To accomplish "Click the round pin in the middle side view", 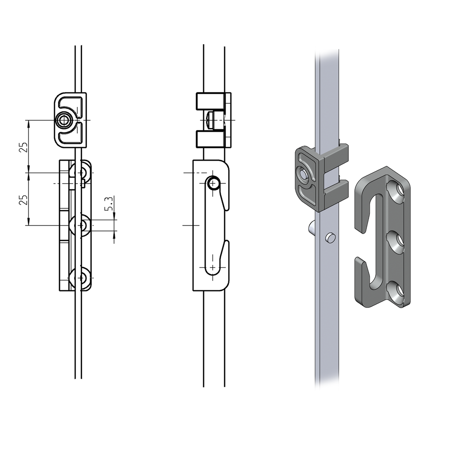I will [214, 183].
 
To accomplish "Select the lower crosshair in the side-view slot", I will [213, 267].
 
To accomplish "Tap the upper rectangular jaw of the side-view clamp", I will [211, 102].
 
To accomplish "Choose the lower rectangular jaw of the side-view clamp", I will [211, 139].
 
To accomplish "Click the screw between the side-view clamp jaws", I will [211, 120].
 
